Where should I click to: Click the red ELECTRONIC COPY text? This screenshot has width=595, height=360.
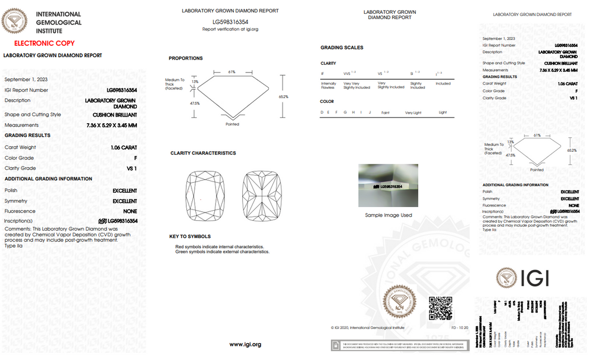[44, 43]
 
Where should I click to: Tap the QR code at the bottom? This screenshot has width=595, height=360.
[441, 307]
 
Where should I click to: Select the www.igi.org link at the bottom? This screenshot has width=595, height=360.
[245, 345]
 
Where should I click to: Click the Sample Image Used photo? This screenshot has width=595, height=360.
[388, 186]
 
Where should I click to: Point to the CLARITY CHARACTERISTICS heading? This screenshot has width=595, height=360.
[203, 154]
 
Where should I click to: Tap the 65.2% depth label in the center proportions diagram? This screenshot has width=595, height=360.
[283, 96]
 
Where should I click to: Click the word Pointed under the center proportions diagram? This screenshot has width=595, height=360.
[232, 124]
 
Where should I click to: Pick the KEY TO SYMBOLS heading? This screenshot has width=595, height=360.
[190, 237]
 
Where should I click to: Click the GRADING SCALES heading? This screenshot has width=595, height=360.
[342, 48]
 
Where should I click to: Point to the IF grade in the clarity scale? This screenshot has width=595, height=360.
[322, 74]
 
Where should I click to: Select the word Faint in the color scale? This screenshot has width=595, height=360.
[386, 112]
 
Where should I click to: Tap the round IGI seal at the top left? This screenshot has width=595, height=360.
[15, 21]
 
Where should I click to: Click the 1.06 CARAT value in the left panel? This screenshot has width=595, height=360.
[124, 147]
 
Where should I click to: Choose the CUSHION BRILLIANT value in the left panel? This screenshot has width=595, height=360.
[115, 115]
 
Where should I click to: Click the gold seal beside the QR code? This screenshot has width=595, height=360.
[397, 302]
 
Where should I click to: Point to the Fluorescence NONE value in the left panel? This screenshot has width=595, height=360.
[130, 211]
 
